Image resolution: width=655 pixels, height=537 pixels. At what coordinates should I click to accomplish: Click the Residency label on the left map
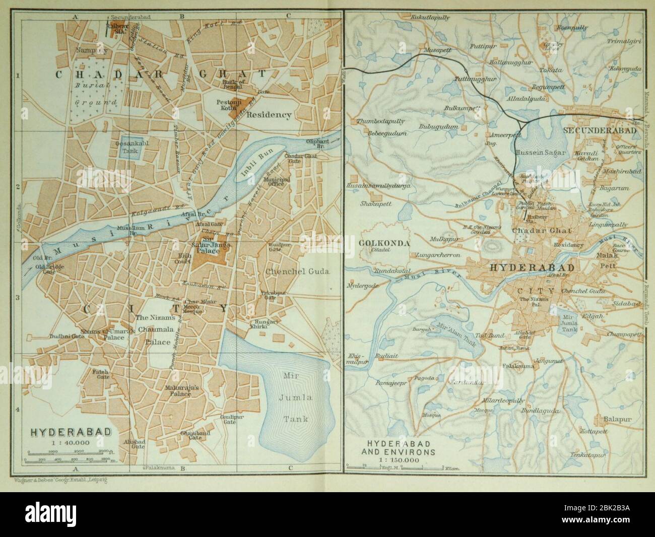(269, 114)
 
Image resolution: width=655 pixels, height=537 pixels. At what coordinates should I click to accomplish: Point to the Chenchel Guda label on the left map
(297, 271)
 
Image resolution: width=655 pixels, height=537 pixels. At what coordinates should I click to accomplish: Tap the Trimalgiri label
(623, 41)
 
